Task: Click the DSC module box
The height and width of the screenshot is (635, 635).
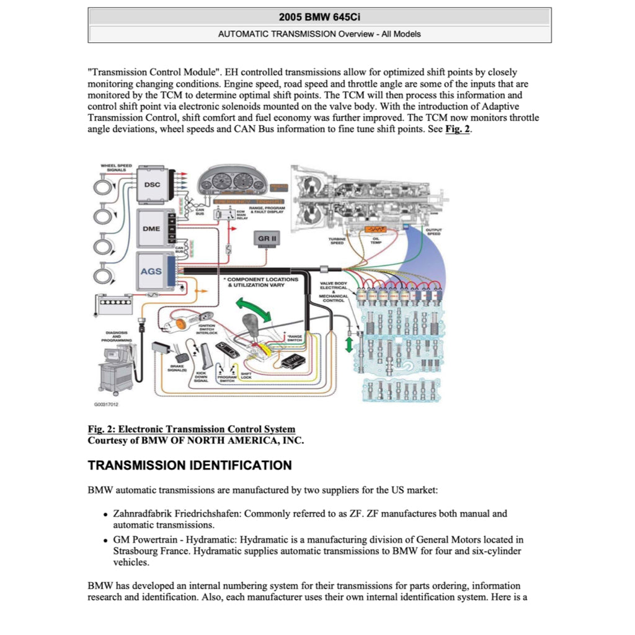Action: pyautogui.click(x=152, y=185)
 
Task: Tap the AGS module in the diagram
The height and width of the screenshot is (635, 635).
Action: pyautogui.click(x=151, y=271)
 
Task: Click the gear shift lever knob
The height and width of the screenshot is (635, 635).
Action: pyautogui.click(x=251, y=324)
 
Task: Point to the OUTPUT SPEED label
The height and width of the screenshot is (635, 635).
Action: pyautogui.click(x=433, y=231)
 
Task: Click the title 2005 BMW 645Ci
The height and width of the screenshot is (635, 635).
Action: pyautogui.click(x=319, y=17)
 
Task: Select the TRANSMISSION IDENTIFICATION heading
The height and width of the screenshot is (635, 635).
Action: pyautogui.click(x=190, y=465)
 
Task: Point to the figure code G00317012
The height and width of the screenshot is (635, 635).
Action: pyautogui.click(x=106, y=405)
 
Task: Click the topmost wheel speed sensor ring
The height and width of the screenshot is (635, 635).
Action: pyautogui.click(x=102, y=184)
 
